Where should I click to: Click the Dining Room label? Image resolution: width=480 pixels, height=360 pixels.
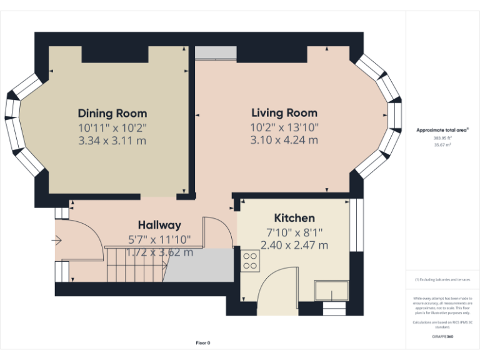(x=112, y=113)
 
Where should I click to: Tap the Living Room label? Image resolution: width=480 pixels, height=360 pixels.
(x=284, y=113)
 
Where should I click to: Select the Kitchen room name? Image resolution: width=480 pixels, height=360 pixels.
(x=295, y=218)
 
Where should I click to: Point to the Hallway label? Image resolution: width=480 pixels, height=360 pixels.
(x=159, y=225)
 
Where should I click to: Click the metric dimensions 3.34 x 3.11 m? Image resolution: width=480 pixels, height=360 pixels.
(x=112, y=141)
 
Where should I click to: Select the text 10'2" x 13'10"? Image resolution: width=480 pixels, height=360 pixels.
(x=284, y=127)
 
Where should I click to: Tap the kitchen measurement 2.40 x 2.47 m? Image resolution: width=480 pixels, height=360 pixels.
(x=295, y=245)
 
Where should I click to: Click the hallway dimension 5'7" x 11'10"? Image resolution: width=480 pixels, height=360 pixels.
(x=159, y=239)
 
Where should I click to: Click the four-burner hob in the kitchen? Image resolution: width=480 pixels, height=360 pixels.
(x=251, y=261)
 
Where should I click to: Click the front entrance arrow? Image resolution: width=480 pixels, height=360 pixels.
(x=58, y=239)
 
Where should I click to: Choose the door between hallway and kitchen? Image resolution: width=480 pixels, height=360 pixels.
(x=222, y=231)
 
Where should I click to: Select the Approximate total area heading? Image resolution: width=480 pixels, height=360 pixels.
(x=442, y=131)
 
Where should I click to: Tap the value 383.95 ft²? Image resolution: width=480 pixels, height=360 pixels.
(x=442, y=137)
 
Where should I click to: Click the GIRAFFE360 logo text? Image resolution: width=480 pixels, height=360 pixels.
(x=442, y=337)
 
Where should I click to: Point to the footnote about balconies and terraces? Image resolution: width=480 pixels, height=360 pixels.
(x=442, y=279)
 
